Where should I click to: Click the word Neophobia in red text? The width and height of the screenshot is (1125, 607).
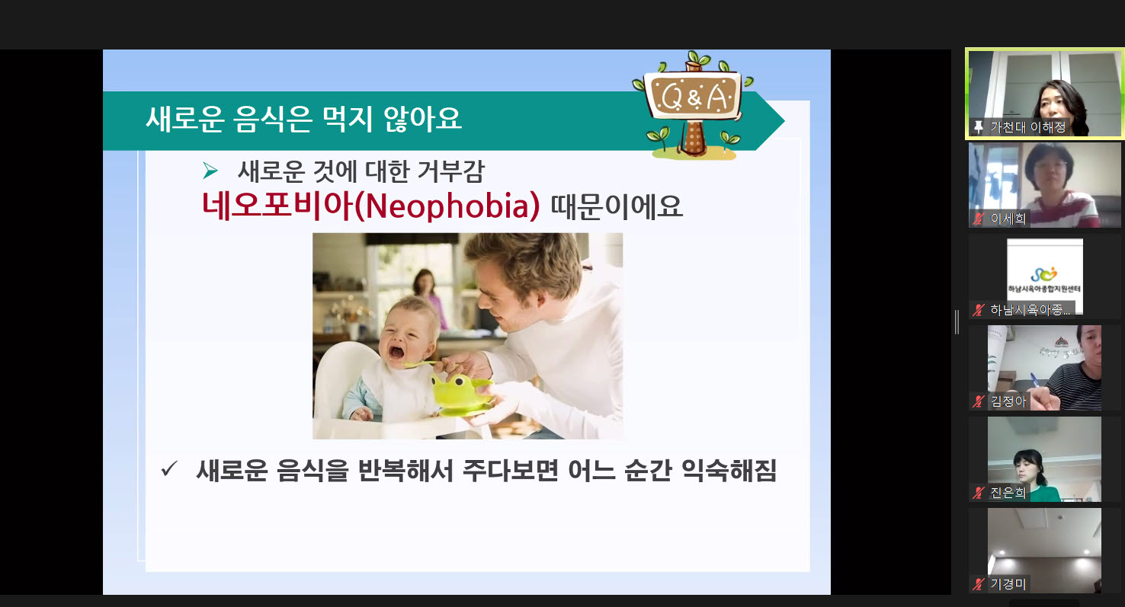447,206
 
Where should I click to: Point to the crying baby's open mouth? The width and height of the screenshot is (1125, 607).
396,352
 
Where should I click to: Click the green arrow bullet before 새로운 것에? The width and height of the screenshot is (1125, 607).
210,171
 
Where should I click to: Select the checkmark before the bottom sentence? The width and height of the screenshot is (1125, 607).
169,469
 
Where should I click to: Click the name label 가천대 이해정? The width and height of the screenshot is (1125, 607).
1027,127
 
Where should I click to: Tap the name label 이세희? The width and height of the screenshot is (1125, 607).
1008,219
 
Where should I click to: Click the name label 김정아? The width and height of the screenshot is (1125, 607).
1008,401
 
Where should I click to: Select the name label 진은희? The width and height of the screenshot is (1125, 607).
1008,493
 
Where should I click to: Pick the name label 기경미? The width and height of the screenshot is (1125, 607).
1008,584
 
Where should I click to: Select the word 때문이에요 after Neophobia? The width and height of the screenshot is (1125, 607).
617,206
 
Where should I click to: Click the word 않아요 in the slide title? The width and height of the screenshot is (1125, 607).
422,120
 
